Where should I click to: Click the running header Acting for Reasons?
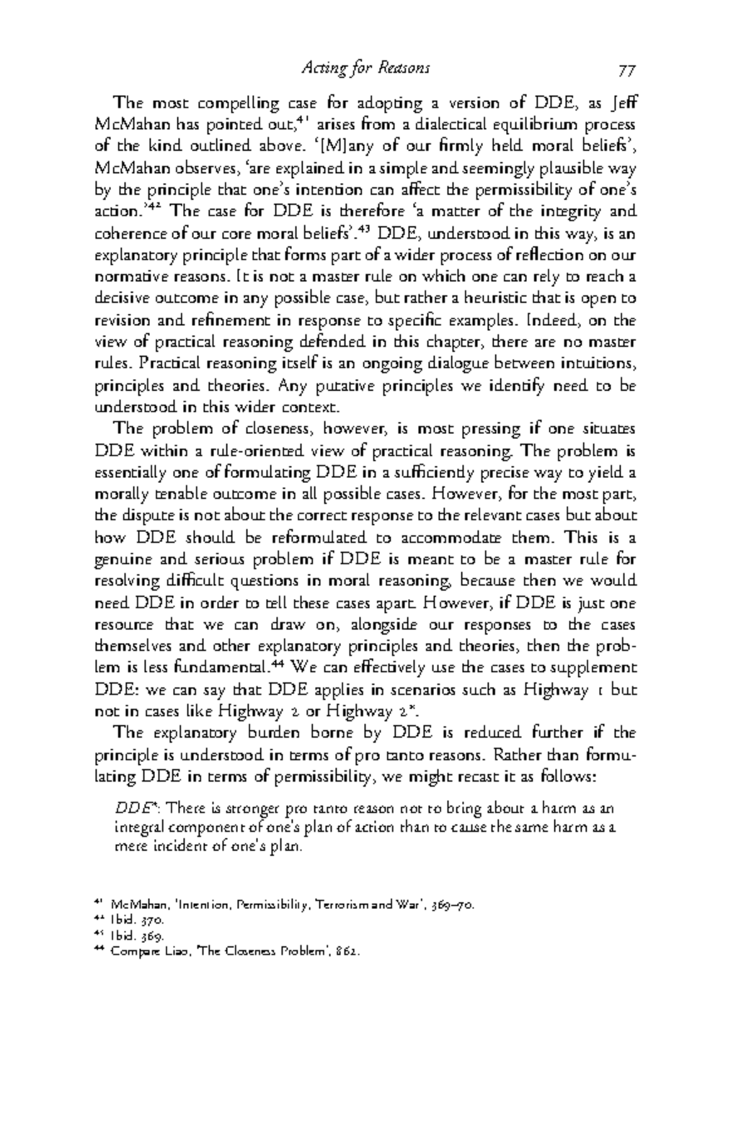coord(366,68)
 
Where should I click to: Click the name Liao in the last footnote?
coord(180,951)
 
